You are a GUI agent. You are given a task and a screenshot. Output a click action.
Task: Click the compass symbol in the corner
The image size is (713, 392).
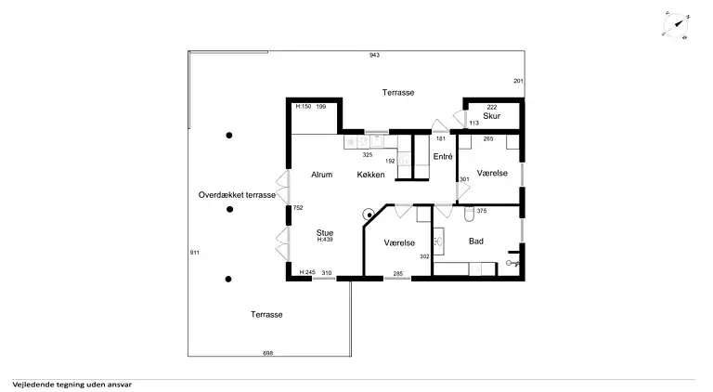(x=676, y=24)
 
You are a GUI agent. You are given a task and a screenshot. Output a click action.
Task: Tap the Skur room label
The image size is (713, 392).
(x=491, y=116)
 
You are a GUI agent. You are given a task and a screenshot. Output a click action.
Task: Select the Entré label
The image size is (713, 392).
(x=443, y=156)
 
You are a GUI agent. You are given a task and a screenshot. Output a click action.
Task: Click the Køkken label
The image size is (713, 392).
(x=370, y=175)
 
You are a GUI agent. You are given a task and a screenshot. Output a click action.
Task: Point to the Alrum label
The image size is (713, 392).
(x=321, y=175)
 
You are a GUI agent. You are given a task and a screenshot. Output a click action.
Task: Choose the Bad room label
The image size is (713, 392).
(x=476, y=241)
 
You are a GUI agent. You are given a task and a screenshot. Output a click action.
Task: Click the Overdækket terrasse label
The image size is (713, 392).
(x=237, y=195)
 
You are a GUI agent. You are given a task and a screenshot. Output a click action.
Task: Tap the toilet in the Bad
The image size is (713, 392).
(x=469, y=214)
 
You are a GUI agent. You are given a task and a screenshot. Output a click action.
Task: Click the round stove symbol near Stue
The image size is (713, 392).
(x=369, y=215)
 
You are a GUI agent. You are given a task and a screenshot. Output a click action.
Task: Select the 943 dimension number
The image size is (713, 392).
(x=374, y=55)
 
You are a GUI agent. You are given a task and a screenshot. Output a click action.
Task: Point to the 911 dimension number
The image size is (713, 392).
(x=195, y=253)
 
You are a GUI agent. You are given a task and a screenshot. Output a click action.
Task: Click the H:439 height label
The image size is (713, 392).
(x=325, y=240)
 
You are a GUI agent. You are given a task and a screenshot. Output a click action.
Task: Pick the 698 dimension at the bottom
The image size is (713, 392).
(x=268, y=353)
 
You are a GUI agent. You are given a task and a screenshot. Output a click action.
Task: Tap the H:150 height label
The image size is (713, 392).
(x=304, y=107)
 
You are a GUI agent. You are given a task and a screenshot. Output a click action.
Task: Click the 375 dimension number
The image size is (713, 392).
(x=482, y=211)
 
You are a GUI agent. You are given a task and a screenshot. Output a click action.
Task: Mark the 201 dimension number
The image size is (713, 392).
(x=518, y=81)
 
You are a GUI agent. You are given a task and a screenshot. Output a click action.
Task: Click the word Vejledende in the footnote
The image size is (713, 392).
(x=31, y=385)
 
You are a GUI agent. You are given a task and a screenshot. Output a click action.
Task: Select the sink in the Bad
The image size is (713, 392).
(x=438, y=242)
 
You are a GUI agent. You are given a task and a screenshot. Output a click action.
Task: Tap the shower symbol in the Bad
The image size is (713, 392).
(x=512, y=263)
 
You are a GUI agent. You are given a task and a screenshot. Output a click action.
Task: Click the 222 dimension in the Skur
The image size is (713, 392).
(x=491, y=108)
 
